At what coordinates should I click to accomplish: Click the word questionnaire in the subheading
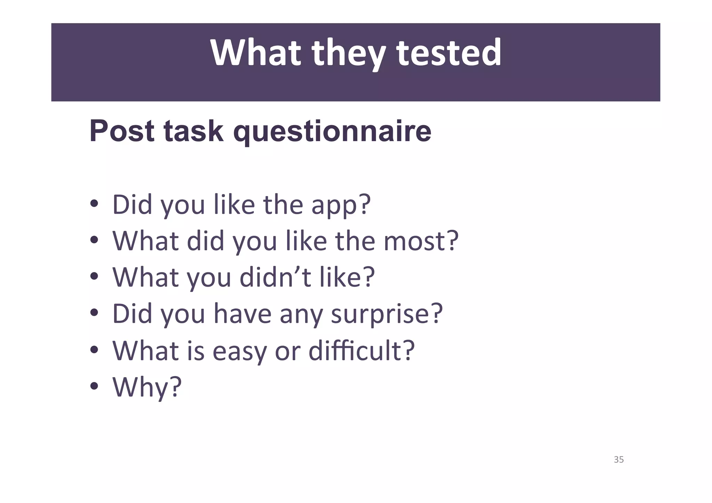click(x=332, y=132)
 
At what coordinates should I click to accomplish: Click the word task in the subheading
click(x=193, y=131)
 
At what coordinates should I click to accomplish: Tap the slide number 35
click(x=618, y=460)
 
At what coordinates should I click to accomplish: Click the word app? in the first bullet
click(x=341, y=205)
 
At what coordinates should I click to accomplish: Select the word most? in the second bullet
click(x=421, y=241)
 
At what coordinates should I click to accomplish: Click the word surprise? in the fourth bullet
click(x=387, y=314)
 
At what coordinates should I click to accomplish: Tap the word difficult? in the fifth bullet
click(x=362, y=351)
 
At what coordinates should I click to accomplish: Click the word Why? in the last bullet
click(x=147, y=387)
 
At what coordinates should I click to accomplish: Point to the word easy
click(x=239, y=352)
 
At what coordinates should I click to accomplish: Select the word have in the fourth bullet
click(x=242, y=314)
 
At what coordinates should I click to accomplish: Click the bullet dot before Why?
click(x=94, y=386)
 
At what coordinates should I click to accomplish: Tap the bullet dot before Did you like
click(x=94, y=204)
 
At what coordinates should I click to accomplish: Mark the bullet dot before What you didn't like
click(x=94, y=277)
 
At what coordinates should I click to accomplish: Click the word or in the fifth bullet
click(x=287, y=352)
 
